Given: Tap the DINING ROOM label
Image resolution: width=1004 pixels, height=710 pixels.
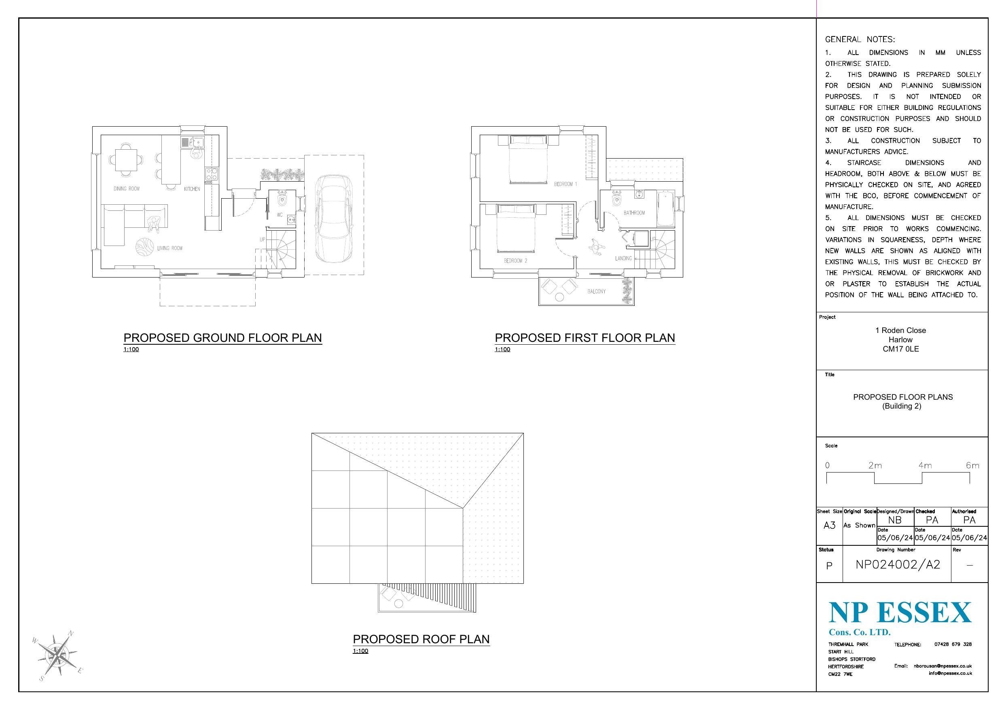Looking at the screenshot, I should click(x=126, y=189).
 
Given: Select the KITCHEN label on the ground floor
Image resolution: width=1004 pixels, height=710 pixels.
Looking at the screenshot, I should click(x=192, y=189).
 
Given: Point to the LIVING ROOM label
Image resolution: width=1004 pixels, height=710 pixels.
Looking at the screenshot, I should click(x=169, y=248).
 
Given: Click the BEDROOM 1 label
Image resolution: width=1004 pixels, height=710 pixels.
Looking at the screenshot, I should click(x=566, y=184).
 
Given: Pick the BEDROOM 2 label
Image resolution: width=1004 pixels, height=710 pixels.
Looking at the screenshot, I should click(x=516, y=261).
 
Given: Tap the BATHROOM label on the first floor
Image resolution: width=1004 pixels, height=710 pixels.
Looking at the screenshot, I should click(x=634, y=213).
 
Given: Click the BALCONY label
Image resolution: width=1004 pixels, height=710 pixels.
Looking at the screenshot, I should click(x=596, y=291).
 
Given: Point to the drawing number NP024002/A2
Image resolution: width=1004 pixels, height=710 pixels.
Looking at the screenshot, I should click(x=898, y=565).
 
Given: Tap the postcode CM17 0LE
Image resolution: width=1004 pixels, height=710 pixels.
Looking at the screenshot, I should click(x=900, y=349).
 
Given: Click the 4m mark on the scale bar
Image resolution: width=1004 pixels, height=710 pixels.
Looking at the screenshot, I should click(x=925, y=466).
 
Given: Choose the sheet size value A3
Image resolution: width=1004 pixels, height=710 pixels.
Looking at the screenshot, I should click(x=829, y=526).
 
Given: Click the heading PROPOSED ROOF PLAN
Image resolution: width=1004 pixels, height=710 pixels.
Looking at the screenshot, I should click(x=421, y=639).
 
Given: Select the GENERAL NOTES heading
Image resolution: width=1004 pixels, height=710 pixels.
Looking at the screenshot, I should click(x=860, y=39).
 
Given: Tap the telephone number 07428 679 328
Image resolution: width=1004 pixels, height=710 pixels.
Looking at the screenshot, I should click(x=953, y=644).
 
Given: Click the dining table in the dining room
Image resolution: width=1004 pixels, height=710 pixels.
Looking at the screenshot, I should click(x=126, y=160).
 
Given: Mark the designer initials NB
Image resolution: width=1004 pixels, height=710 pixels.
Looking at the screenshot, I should click(x=895, y=520).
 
